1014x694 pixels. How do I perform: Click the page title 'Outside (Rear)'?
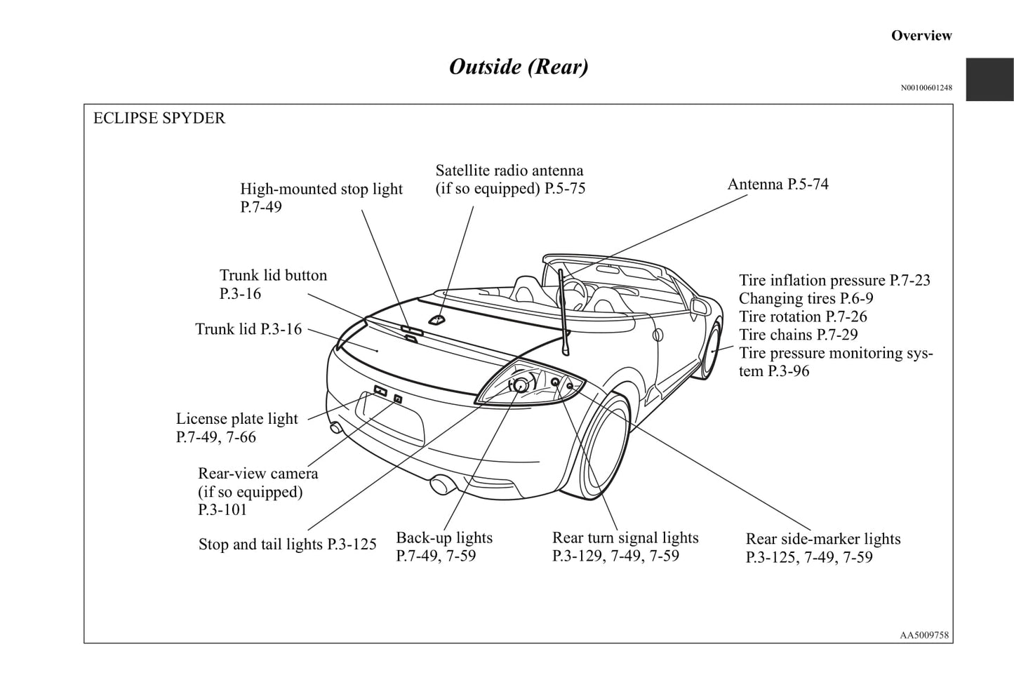[519, 67]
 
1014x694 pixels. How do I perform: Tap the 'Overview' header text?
[921, 36]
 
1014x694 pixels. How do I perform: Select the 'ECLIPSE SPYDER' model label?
[159, 118]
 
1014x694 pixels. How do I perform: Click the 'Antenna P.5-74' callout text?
[778, 185]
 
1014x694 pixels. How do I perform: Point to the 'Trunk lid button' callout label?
[273, 276]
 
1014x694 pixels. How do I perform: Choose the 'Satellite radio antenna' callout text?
[509, 171]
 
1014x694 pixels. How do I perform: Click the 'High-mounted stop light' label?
[321, 189]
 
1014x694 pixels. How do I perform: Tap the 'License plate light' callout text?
[236, 419]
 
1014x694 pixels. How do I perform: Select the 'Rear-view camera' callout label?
[258, 474]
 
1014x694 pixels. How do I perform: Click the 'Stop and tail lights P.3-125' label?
[287, 545]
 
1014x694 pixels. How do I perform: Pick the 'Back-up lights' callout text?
[444, 538]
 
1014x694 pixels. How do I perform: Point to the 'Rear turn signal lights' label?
[625, 538]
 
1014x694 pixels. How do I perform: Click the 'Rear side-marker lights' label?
[822, 539]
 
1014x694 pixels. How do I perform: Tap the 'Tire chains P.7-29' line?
[798, 335]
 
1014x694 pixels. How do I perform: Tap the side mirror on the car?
[699, 306]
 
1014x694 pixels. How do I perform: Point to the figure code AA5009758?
[924, 635]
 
